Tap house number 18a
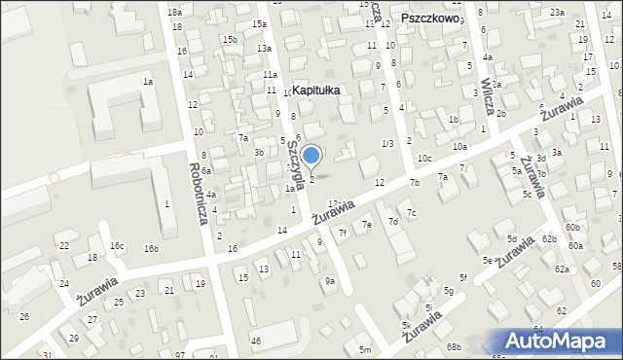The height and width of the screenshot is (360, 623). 174,12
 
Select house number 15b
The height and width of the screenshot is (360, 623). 229,40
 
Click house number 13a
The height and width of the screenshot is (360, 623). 264,48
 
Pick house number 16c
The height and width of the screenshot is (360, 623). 117,246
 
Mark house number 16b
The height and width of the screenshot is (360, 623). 151,249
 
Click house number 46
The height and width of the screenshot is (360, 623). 256,341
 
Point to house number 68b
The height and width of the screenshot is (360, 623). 453,347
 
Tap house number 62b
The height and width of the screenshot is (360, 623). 549,239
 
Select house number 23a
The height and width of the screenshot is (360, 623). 556,12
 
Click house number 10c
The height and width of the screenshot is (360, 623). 424,158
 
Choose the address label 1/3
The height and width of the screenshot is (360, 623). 387,144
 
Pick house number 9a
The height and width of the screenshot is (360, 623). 330,281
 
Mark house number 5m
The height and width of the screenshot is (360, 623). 364,349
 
